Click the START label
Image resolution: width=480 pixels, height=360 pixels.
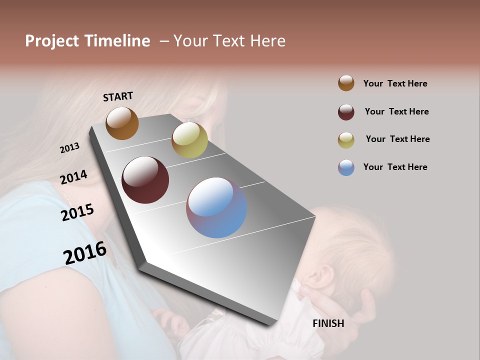[118, 96]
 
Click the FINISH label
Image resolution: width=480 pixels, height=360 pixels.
[328, 323]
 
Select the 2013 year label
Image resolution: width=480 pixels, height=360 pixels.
[69, 148]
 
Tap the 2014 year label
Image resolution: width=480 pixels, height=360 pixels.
[73, 177]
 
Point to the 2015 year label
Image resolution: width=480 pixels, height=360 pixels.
[77, 212]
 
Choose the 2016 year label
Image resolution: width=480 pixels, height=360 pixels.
[85, 253]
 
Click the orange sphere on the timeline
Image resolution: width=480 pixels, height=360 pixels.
[122, 123]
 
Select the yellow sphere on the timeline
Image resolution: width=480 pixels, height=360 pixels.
[189, 140]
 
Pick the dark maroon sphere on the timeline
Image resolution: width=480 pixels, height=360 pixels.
[145, 180]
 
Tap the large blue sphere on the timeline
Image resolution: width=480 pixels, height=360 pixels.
[216, 207]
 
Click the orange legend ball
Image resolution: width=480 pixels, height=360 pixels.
[346, 83]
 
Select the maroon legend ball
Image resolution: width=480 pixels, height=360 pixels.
[346, 112]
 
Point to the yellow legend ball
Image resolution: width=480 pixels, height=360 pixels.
[346, 140]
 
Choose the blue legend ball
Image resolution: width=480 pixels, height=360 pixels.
[346, 167]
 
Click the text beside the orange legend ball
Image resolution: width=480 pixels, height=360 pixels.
[395, 83]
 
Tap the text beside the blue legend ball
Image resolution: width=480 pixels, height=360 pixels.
[395, 167]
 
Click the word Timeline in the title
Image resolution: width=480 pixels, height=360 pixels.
[117, 41]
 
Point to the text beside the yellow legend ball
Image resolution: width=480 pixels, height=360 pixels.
[397, 139]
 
